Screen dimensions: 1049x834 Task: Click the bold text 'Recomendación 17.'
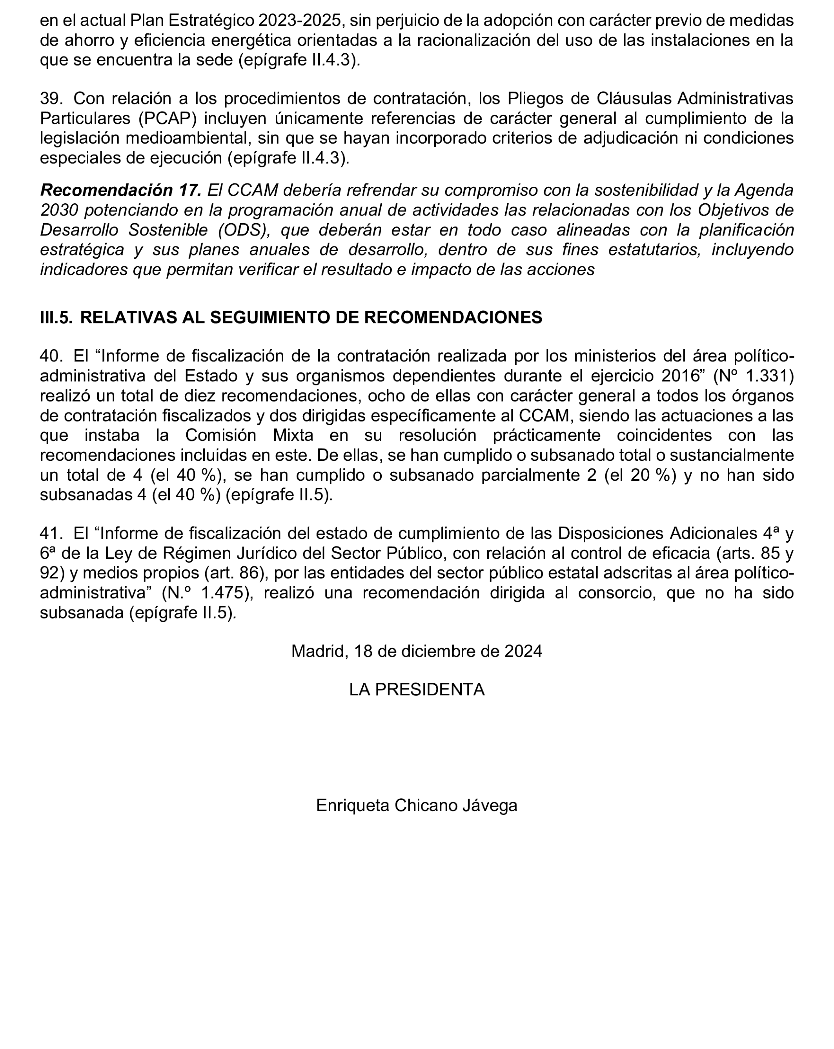(x=120, y=190)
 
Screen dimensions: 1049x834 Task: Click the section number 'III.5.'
(x=56, y=317)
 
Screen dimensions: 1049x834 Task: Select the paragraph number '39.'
(x=51, y=98)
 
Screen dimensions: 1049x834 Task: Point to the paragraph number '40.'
(x=51, y=356)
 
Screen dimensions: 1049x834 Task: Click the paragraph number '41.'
(x=51, y=533)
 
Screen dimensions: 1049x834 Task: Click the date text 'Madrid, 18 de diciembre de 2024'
(x=416, y=651)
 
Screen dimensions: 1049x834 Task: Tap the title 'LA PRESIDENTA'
(x=416, y=690)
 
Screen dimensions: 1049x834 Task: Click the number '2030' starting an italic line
(x=58, y=210)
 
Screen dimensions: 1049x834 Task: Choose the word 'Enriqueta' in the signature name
(x=353, y=805)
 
